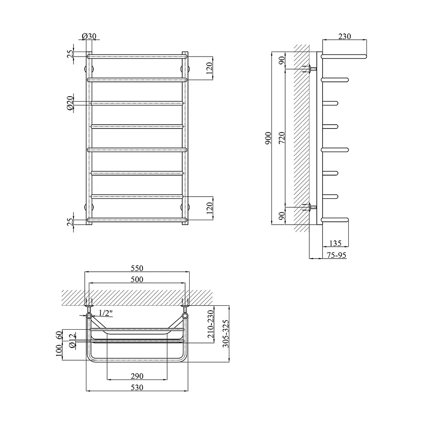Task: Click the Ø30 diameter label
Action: [x=89, y=36]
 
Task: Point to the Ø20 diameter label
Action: [x=70, y=103]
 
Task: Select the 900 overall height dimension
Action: [x=268, y=138]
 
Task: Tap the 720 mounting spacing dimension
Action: [x=282, y=138]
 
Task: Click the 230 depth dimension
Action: [x=345, y=36]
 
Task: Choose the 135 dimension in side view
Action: [x=335, y=243]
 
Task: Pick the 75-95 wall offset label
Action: [x=336, y=255]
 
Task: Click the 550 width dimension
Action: [x=137, y=268]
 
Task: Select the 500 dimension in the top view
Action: [x=137, y=279]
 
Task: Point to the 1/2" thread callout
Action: [x=105, y=313]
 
